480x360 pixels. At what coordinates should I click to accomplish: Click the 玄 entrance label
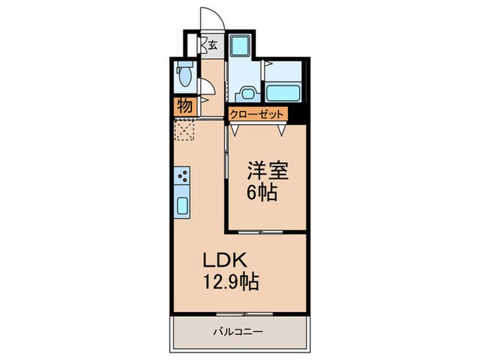tap(213, 46)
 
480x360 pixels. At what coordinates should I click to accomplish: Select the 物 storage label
tap(184, 106)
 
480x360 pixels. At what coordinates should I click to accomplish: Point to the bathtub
tap(283, 93)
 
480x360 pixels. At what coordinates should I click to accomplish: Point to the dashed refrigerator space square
tap(185, 129)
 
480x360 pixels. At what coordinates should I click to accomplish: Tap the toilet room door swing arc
tap(206, 86)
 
